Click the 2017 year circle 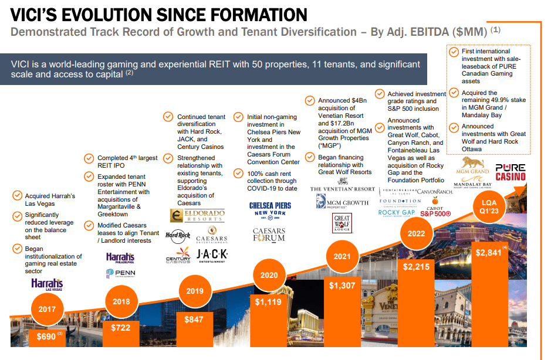48,308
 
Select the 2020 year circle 268,275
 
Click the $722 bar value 121,328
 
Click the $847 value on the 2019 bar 194,320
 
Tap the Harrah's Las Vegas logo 46,285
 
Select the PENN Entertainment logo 120,273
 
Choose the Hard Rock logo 177,236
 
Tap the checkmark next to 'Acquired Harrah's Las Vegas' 16,196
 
